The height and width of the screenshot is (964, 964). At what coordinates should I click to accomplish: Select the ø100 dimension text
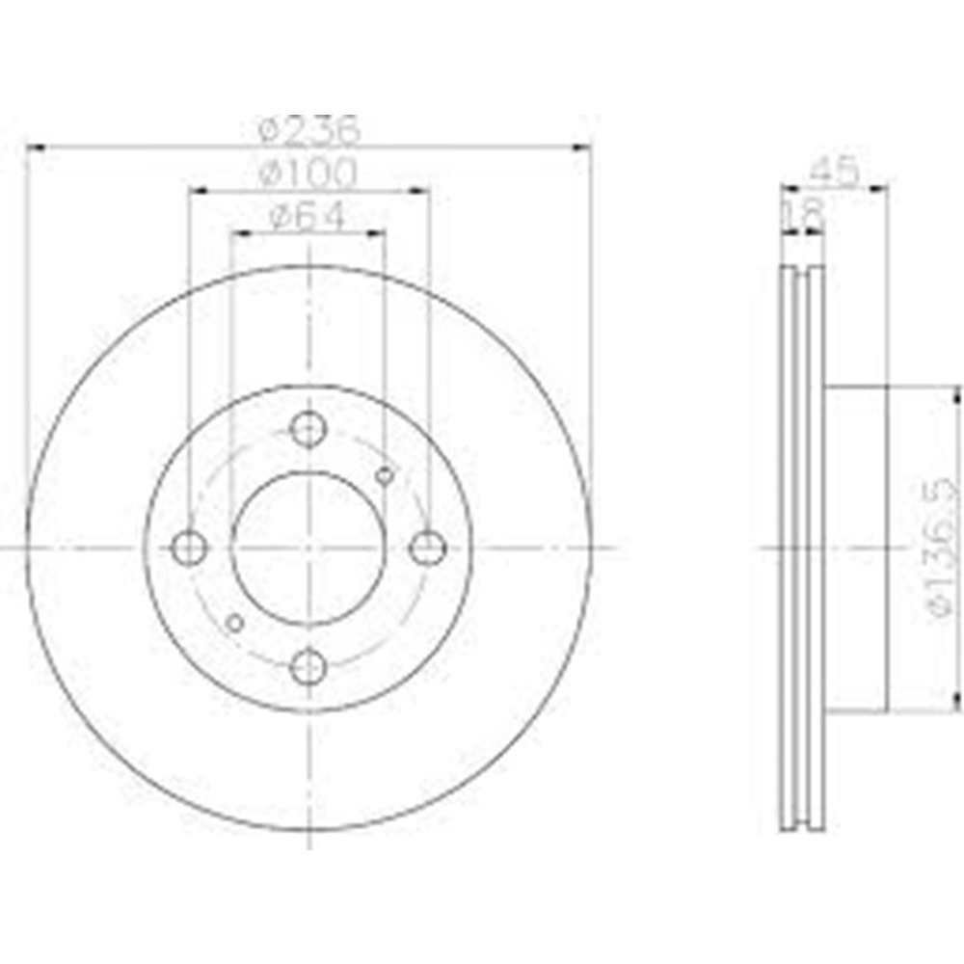coord(309,174)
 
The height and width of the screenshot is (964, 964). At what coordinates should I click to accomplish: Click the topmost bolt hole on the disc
coord(308,429)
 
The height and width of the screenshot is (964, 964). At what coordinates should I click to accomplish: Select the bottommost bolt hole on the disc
coord(308,666)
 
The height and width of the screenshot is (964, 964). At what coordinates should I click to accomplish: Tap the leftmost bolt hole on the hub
coord(189,549)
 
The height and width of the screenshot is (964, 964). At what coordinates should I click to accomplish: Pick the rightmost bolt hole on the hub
coord(427,549)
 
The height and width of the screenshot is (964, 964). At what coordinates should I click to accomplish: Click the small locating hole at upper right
coord(385,474)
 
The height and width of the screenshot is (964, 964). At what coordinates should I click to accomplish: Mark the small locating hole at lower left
coord(234,623)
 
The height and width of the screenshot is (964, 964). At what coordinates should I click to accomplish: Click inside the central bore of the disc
coord(308,549)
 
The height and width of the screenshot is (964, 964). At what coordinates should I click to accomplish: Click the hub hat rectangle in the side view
coord(856,549)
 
